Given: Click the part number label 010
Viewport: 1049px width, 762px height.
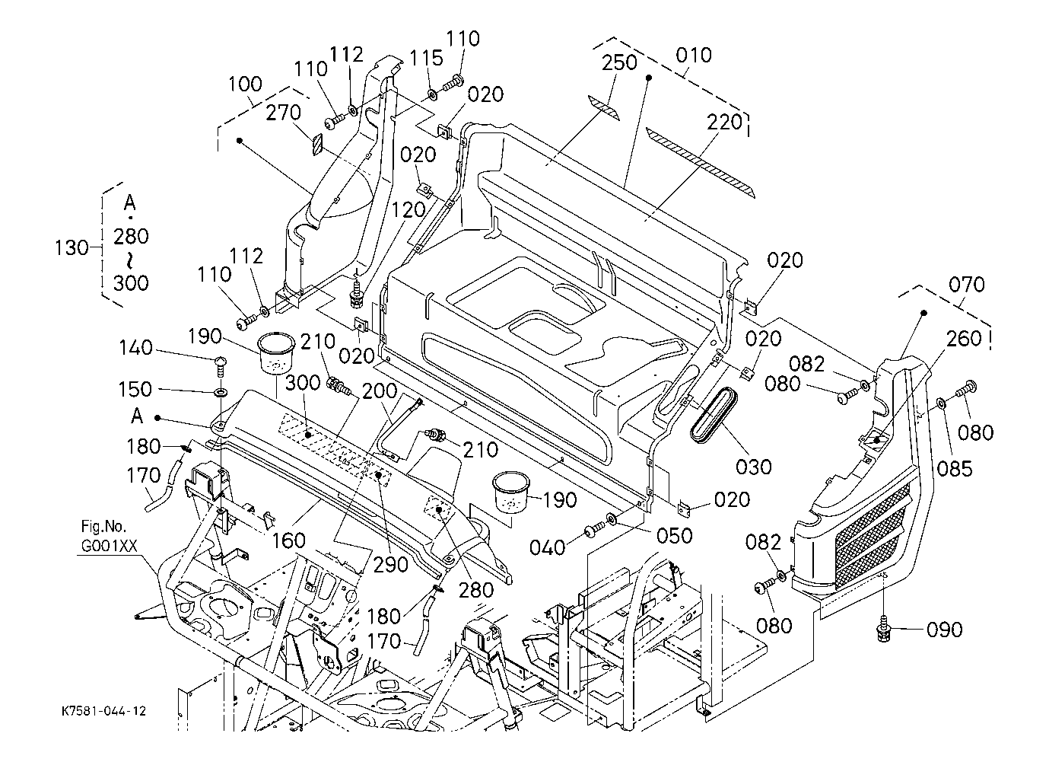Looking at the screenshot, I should coord(693,55).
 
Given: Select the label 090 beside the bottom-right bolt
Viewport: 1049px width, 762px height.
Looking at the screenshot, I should coord(944,630).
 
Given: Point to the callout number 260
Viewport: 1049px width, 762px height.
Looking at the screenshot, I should coord(964,338).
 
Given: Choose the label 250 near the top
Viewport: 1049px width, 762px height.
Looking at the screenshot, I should coord(619,62).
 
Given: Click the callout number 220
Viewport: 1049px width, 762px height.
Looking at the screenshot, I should coord(724,122).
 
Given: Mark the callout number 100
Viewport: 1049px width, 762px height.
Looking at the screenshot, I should coord(245,84).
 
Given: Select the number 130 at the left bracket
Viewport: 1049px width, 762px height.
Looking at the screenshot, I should coord(73,247).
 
